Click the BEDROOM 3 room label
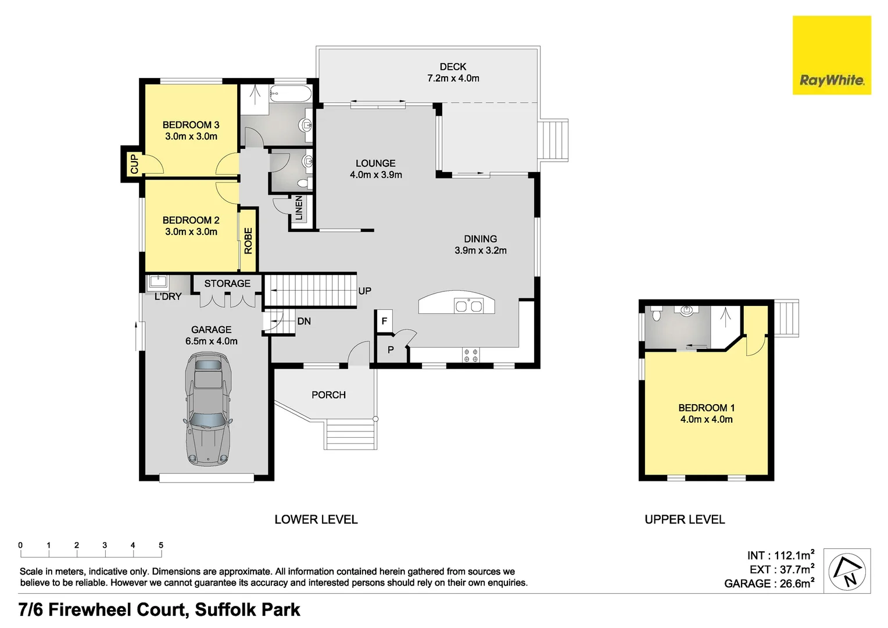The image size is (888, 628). coord(191,130)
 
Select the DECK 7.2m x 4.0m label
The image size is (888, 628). coord(453,73)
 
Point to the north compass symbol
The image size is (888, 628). coord(847,571)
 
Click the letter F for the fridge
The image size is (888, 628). coord(384,321)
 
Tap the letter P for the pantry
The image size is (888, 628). coord(391,349)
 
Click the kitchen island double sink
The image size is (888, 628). coord(468,305)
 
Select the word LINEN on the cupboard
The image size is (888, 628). coord(299,208)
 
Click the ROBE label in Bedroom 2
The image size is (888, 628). coord(248,240)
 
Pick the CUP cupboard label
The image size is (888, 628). coord(134,164)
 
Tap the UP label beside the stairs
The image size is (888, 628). coord(364,291)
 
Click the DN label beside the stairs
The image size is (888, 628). coord(303,321)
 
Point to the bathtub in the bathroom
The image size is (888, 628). coord(291,93)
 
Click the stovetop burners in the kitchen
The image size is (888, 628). coord(471,355)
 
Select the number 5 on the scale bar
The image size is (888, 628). coord(161,545)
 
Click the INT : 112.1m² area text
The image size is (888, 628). coord(780,555)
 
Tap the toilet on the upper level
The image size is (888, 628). coord(657,315)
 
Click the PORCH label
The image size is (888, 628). coord(328,395)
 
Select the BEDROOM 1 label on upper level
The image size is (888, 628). coord(706,413)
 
